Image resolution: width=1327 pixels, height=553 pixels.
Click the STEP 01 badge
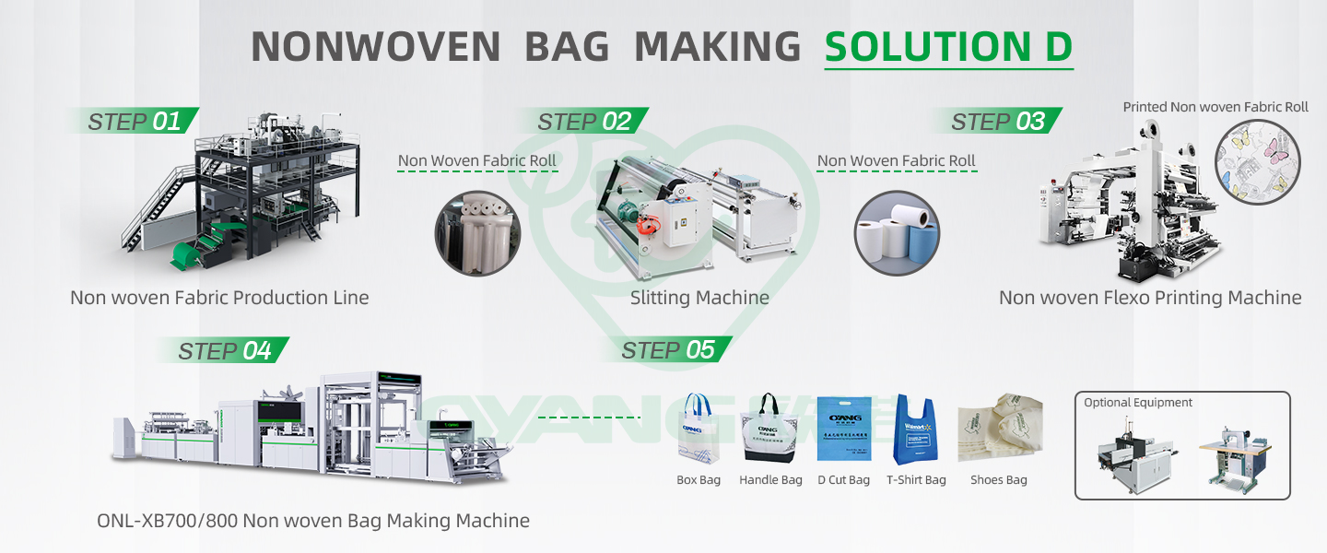(133, 121)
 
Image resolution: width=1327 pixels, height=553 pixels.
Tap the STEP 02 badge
(583, 121)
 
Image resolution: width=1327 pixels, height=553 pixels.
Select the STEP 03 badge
(997, 121)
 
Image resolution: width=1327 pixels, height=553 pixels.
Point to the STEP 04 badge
(223, 350)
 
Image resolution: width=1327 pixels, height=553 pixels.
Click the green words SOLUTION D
(948, 47)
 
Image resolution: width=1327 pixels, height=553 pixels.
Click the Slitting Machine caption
(699, 298)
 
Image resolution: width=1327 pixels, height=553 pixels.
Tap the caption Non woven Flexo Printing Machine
(1150, 298)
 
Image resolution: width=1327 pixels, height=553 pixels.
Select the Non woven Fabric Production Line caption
(219, 298)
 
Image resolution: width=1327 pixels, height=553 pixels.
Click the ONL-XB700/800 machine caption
(313, 521)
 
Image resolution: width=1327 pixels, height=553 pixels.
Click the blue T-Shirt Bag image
(915, 430)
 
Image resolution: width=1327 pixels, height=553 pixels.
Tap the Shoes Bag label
(998, 480)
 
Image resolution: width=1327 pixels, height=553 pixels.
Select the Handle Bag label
(770, 480)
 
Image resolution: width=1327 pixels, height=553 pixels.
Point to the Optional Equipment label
(1138, 403)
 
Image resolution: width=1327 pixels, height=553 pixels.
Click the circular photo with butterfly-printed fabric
(1258, 162)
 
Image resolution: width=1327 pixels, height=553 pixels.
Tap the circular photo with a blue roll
(897, 232)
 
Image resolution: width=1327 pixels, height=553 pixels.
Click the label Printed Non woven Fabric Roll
(1215, 107)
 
